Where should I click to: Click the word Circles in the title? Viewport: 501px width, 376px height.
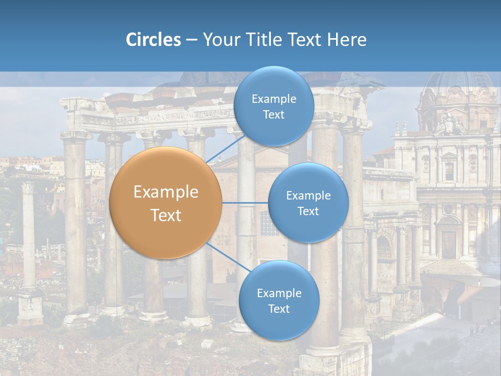(x=153, y=40)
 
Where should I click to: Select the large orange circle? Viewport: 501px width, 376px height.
(x=166, y=203)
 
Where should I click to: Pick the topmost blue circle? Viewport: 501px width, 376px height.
(x=273, y=107)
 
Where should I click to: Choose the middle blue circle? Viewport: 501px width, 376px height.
(x=308, y=203)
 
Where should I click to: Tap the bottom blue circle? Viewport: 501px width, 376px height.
(x=279, y=300)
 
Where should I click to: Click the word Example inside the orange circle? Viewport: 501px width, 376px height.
(x=166, y=192)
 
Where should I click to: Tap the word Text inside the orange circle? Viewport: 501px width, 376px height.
(x=166, y=215)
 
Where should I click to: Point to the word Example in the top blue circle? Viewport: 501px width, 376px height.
(x=273, y=99)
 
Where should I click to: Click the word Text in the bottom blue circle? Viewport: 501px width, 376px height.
(x=279, y=309)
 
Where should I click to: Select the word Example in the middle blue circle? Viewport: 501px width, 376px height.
(x=308, y=195)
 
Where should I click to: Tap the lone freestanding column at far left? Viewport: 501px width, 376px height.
(x=29, y=235)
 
